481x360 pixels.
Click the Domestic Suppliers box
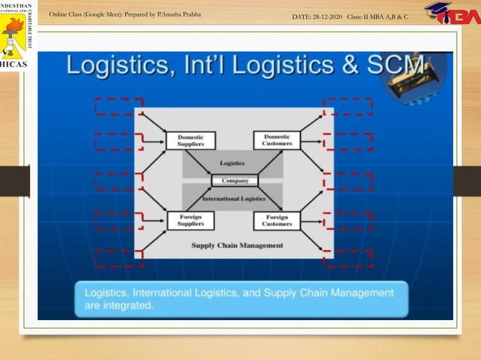pos(190,141)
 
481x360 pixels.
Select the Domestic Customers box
pos(277,140)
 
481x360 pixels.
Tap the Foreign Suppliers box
pos(190,220)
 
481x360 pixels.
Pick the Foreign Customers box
pos(277,220)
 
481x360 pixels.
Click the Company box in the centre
pos(234,181)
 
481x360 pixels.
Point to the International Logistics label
pos(234,199)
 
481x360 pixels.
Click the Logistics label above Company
pos(232,163)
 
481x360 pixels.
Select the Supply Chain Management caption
pos(237,245)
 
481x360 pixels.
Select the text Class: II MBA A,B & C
pos(377,16)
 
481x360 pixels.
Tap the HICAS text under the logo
pos(14,65)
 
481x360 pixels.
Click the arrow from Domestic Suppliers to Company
pos(200,163)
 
